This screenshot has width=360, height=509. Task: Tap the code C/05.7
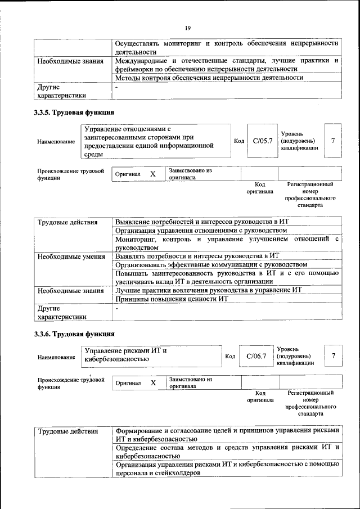263,141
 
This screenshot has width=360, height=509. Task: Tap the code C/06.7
256,356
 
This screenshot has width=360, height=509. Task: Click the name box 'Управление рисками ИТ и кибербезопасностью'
151,355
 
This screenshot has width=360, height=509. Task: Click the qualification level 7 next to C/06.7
334,356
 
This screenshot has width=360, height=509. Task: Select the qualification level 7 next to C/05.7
334,141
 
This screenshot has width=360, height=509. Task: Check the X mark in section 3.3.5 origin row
152,174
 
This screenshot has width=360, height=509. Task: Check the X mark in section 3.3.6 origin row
153,383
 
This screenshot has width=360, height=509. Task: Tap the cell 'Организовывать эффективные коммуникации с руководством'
211,264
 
